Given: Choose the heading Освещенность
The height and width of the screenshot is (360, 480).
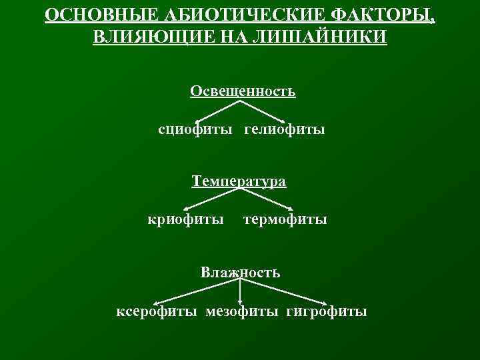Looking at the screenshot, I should click(243, 91).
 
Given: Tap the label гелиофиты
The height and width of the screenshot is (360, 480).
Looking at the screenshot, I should click(285, 129).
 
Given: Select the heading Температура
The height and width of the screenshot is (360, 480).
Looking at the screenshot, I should click(239, 181).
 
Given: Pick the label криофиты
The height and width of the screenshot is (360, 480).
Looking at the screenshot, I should click(186, 219).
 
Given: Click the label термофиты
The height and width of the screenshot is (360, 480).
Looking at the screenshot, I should click(285, 219).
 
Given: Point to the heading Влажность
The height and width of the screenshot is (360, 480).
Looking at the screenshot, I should click(240, 272).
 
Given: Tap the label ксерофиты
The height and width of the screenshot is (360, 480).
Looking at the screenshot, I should click(157, 311).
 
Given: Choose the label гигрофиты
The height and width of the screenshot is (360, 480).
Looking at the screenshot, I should click(327, 311).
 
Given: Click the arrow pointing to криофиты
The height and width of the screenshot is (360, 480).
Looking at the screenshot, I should click(210, 199).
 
